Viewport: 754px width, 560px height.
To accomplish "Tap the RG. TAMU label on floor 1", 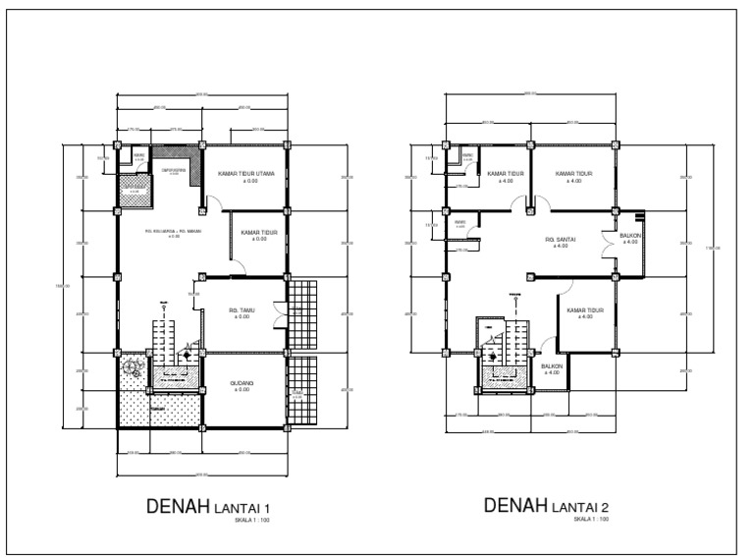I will click(x=242, y=307).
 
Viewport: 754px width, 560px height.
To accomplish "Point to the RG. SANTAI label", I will click(x=561, y=239).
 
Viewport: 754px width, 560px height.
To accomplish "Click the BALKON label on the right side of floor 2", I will click(x=630, y=236).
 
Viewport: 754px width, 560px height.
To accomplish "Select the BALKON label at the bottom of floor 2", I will click(x=551, y=366).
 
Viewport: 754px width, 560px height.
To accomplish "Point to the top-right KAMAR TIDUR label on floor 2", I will click(x=574, y=174).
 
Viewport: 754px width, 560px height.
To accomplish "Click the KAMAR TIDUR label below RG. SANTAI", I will click(x=585, y=310).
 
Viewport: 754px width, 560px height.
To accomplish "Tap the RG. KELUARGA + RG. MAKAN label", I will click(x=173, y=232).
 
